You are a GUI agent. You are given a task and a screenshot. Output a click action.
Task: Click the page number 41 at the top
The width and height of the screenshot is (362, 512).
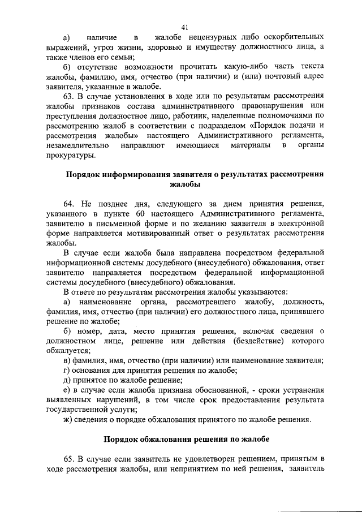(184, 27)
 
